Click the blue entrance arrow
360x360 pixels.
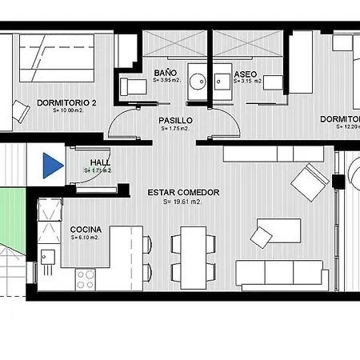52,166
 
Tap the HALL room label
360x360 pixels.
100,162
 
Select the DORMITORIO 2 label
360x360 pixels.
66,102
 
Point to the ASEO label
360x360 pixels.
244,73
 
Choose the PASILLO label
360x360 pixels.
175,120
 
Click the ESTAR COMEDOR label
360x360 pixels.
183,192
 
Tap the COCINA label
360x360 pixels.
86,228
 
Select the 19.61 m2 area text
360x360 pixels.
183,202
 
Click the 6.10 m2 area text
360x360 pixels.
85,237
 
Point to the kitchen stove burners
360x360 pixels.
86,278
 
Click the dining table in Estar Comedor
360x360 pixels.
193,257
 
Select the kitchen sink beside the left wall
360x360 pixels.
48,257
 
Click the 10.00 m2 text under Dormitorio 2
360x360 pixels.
67,110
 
